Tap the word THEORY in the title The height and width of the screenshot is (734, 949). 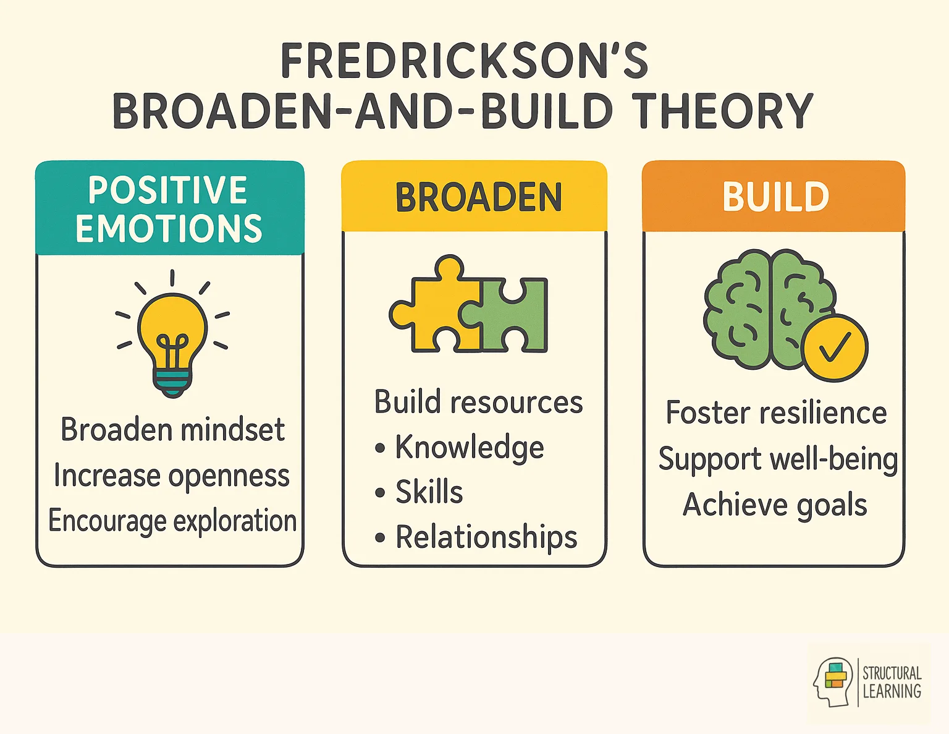(723, 111)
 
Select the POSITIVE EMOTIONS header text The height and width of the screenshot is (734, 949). (169, 208)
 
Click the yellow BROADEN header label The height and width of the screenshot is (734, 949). (478, 197)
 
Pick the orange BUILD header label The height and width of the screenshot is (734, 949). (775, 197)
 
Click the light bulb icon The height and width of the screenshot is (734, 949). (172, 340)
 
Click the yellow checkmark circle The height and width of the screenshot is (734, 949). (835, 348)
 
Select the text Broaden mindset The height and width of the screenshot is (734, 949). (172, 430)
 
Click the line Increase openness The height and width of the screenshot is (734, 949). (171, 476)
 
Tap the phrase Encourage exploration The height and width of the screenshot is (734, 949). (172, 521)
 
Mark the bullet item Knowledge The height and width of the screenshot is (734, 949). (469, 448)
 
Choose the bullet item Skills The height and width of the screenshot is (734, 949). (429, 492)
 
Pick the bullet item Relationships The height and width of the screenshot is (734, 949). (486, 537)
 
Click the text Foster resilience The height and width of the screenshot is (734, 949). (776, 412)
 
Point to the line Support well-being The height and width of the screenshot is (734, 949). (777, 459)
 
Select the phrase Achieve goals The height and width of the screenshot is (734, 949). (775, 505)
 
